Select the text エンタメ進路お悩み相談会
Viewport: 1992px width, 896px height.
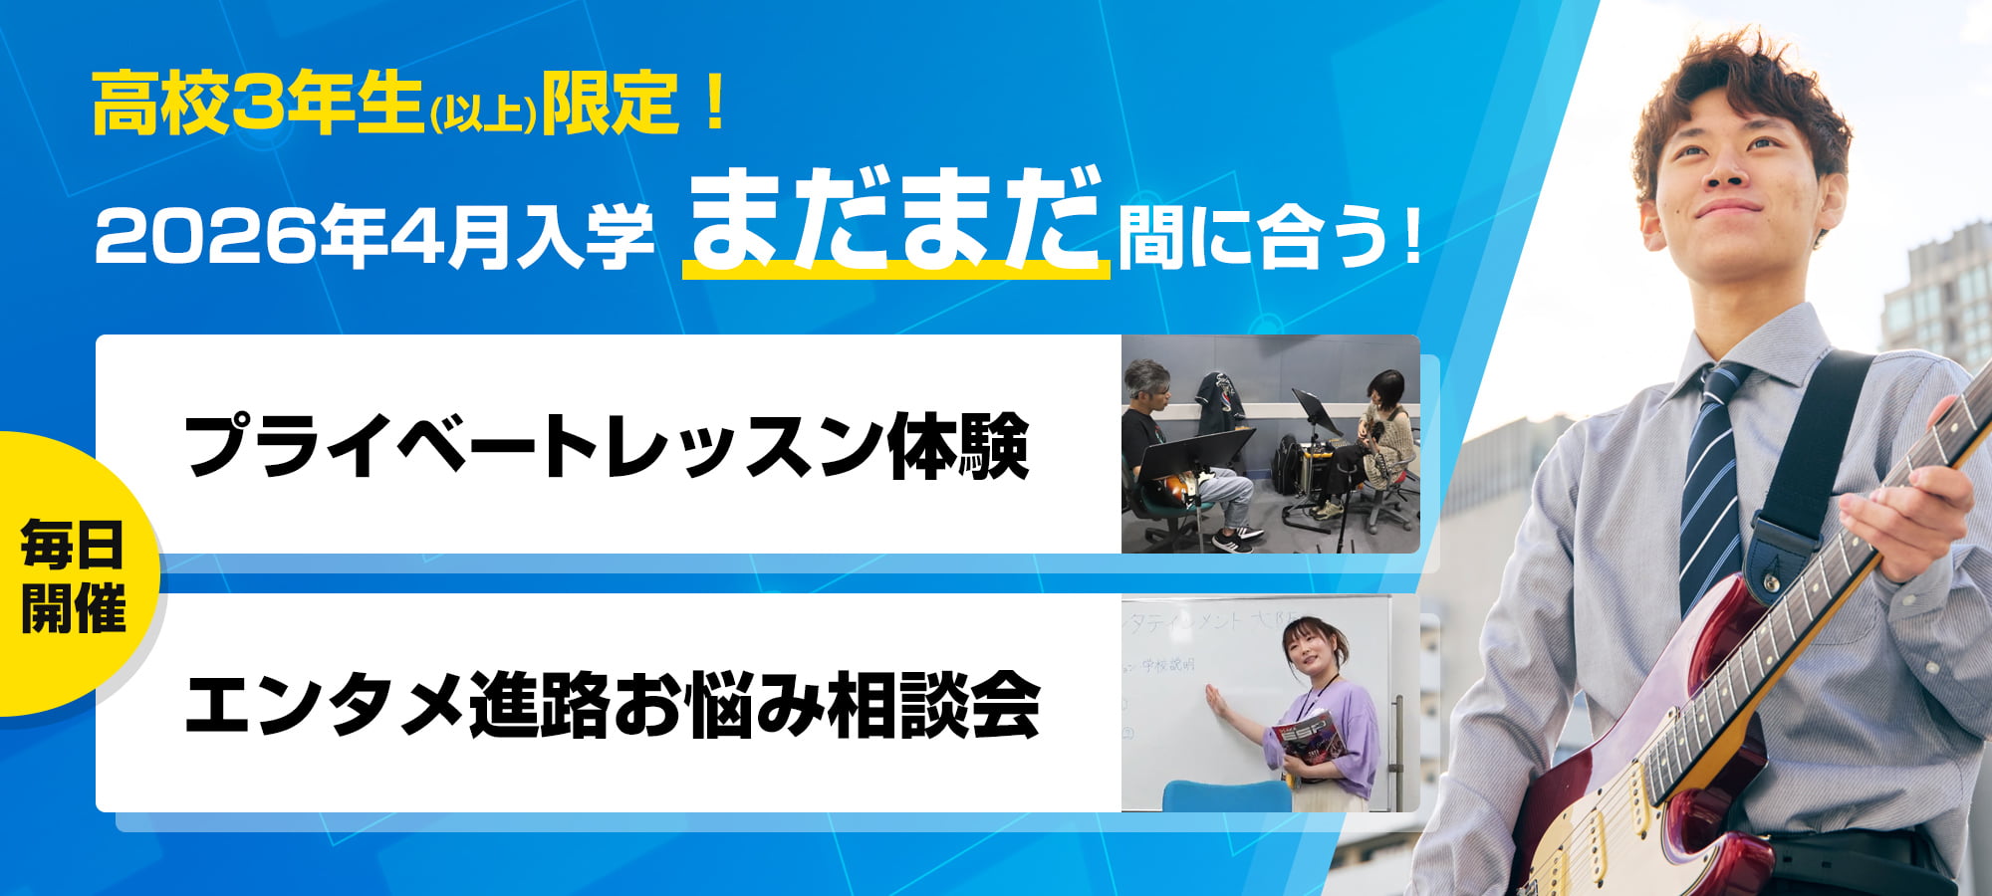tap(612, 705)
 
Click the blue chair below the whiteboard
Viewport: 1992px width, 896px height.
tap(1225, 795)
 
